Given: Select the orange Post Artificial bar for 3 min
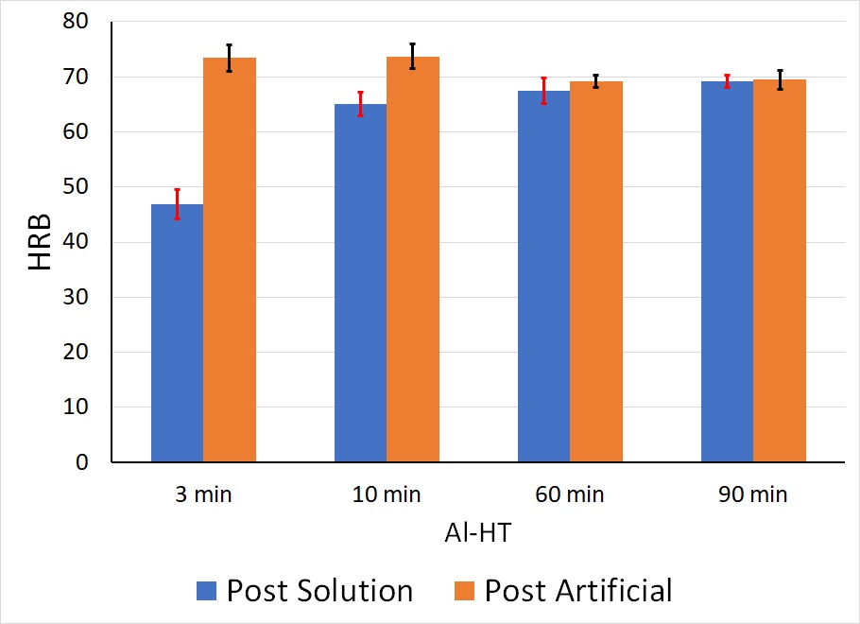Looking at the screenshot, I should (230, 260).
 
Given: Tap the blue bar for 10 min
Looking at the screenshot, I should (360, 284).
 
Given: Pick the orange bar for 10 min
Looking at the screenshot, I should (413, 260).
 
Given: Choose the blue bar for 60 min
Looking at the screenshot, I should (543, 276).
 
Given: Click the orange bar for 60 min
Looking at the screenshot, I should (596, 272).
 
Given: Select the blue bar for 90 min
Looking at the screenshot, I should (727, 272).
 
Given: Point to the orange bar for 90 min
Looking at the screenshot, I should (780, 271).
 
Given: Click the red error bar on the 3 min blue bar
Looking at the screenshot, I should (177, 204).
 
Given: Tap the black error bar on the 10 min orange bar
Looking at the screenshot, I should (413, 56).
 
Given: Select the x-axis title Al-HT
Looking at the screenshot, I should (478, 533).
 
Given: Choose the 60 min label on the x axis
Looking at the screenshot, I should (570, 495).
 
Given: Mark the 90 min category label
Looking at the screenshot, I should (753, 495).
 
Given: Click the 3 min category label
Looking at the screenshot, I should (203, 495).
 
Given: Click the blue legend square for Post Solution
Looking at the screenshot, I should (207, 591).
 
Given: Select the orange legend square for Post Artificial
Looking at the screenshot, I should (464, 591).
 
